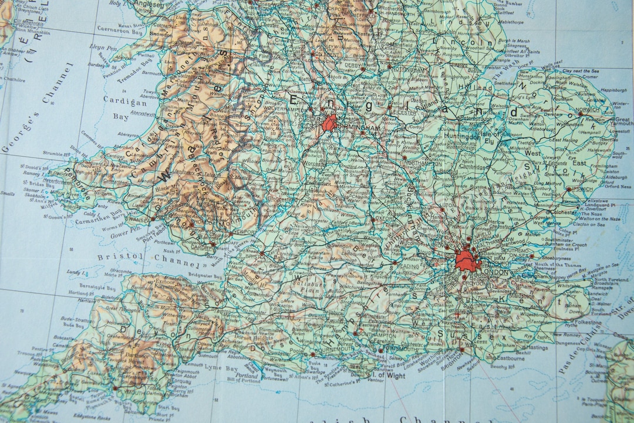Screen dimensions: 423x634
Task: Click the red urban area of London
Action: click(x=467, y=259)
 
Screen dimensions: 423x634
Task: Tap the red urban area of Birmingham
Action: click(x=329, y=123)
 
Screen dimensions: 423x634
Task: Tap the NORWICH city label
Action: click(x=586, y=110)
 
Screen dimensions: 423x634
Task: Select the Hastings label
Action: click(x=537, y=347)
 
